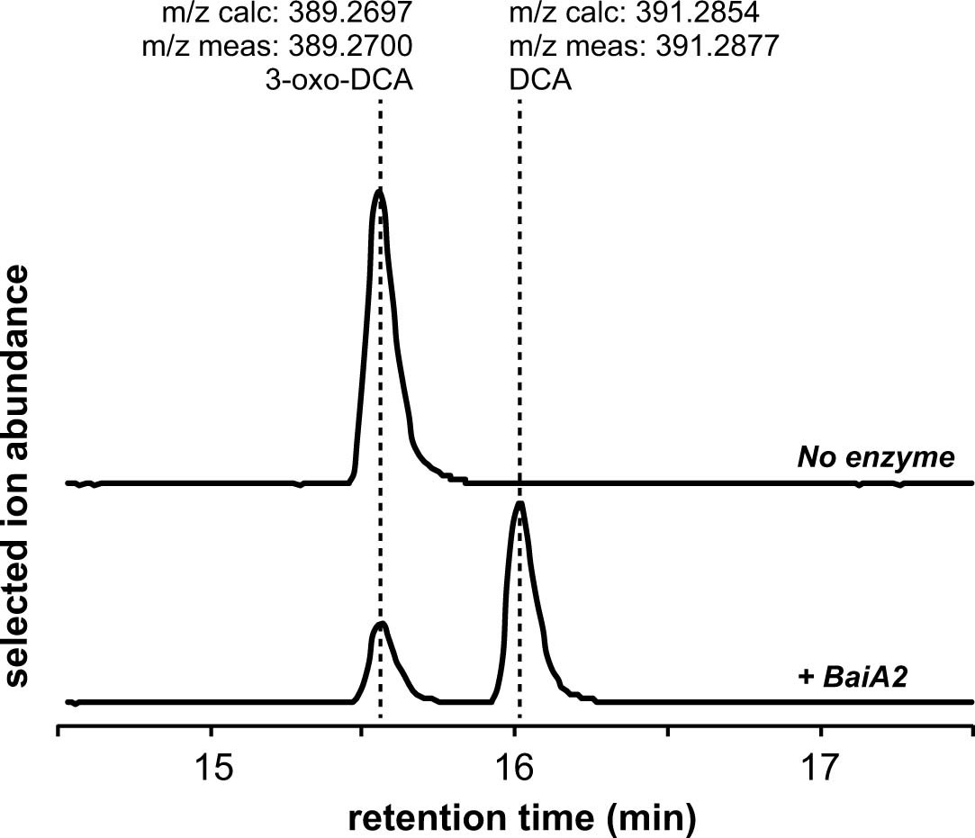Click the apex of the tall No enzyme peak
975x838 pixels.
point(379,191)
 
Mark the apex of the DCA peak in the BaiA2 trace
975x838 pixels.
point(519,503)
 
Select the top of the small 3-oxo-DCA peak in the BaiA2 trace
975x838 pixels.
point(382,623)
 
